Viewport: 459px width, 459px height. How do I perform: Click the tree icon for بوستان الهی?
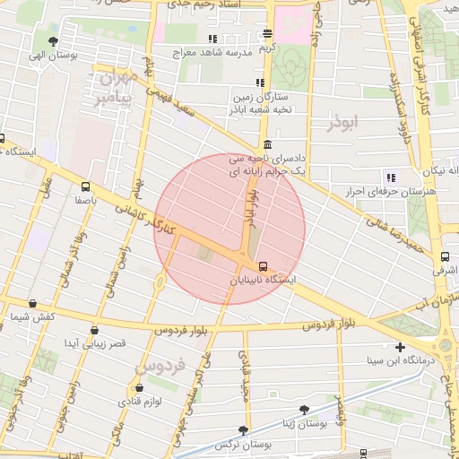point(54,41)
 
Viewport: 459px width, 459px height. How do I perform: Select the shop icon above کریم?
point(266,33)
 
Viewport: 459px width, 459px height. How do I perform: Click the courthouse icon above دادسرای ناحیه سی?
point(267,145)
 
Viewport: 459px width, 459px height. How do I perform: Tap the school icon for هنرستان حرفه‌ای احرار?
point(390,178)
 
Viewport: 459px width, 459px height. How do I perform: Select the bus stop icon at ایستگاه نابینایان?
point(263,266)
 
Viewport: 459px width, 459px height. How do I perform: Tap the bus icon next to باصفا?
point(85,187)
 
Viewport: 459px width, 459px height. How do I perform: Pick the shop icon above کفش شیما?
point(33,304)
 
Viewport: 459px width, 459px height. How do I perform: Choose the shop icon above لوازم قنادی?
point(138,387)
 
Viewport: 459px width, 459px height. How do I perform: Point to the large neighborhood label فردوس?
point(161,366)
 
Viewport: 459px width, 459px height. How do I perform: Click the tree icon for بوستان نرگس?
point(242,430)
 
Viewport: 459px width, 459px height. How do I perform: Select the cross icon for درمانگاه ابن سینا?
point(400,347)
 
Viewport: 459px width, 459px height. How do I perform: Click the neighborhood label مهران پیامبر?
point(115,85)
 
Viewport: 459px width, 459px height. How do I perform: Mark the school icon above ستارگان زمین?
point(260,82)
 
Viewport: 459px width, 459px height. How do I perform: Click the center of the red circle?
point(230,229)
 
